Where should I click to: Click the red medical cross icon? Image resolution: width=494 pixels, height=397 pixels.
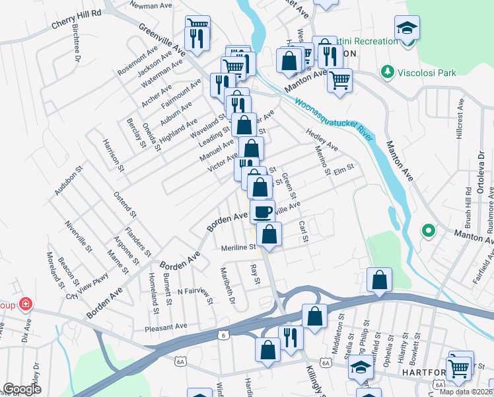pos(25,304)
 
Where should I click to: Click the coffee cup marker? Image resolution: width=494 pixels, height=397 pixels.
pos(262,212)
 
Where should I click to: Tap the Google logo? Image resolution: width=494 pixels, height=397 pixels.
pos(22,389)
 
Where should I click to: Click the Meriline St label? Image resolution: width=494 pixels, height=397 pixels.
pos(238,247)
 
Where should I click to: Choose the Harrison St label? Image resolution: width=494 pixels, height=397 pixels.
pos(113,155)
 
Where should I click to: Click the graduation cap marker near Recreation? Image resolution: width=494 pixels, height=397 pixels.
pos(407,28)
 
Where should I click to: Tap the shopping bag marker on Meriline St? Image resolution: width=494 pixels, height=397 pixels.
pos(269,234)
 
